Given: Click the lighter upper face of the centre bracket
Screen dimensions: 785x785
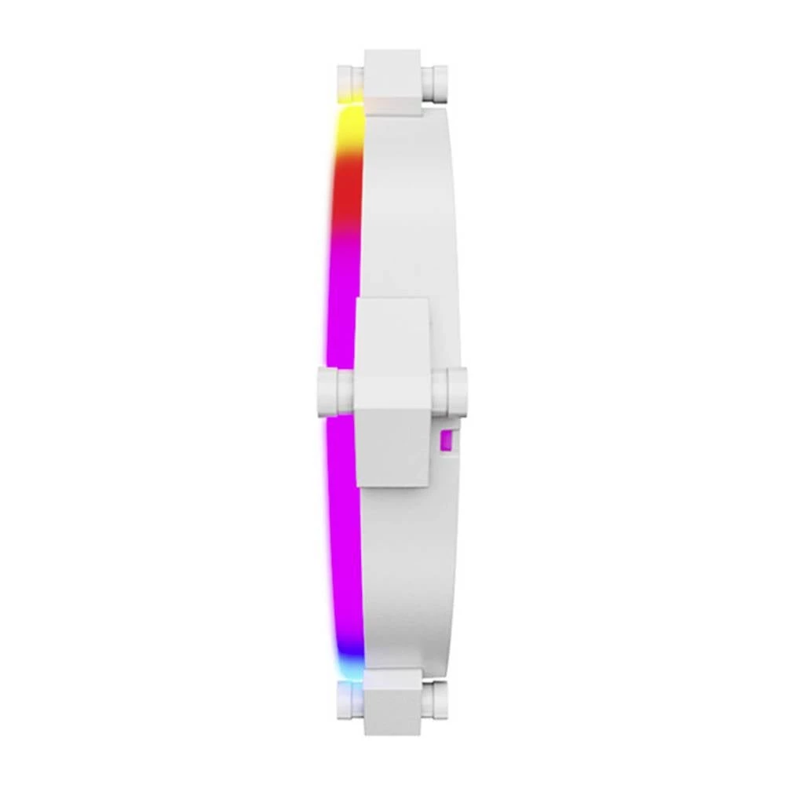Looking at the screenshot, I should pos(392,334).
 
